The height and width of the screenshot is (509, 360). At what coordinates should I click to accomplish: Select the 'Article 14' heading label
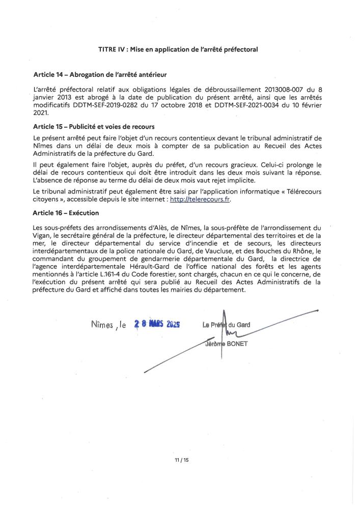point(48,75)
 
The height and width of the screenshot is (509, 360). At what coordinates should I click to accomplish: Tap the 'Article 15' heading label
point(48,126)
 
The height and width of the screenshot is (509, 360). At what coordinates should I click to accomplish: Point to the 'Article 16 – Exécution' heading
point(66,212)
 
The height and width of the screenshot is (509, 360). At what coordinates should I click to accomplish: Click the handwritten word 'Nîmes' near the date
point(104,323)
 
